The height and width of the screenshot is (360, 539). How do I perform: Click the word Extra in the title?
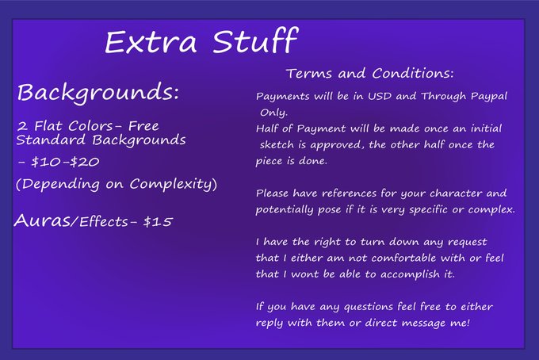(151, 42)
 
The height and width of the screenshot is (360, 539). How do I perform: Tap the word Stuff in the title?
(255, 40)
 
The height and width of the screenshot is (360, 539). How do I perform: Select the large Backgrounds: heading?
(98, 93)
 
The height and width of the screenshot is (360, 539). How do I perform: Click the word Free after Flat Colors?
(143, 126)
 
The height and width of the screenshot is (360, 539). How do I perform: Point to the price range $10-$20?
(65, 162)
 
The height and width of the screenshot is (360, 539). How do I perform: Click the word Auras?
(42, 220)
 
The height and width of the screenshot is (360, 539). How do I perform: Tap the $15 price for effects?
(158, 222)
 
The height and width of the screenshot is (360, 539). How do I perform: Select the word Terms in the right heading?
(309, 73)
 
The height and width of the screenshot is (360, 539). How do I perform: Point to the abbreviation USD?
(380, 96)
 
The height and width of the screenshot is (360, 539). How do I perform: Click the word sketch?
(277, 145)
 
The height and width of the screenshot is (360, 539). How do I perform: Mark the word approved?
(335, 145)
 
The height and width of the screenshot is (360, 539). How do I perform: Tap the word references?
(349, 193)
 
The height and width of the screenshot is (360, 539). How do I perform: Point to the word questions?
(369, 307)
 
